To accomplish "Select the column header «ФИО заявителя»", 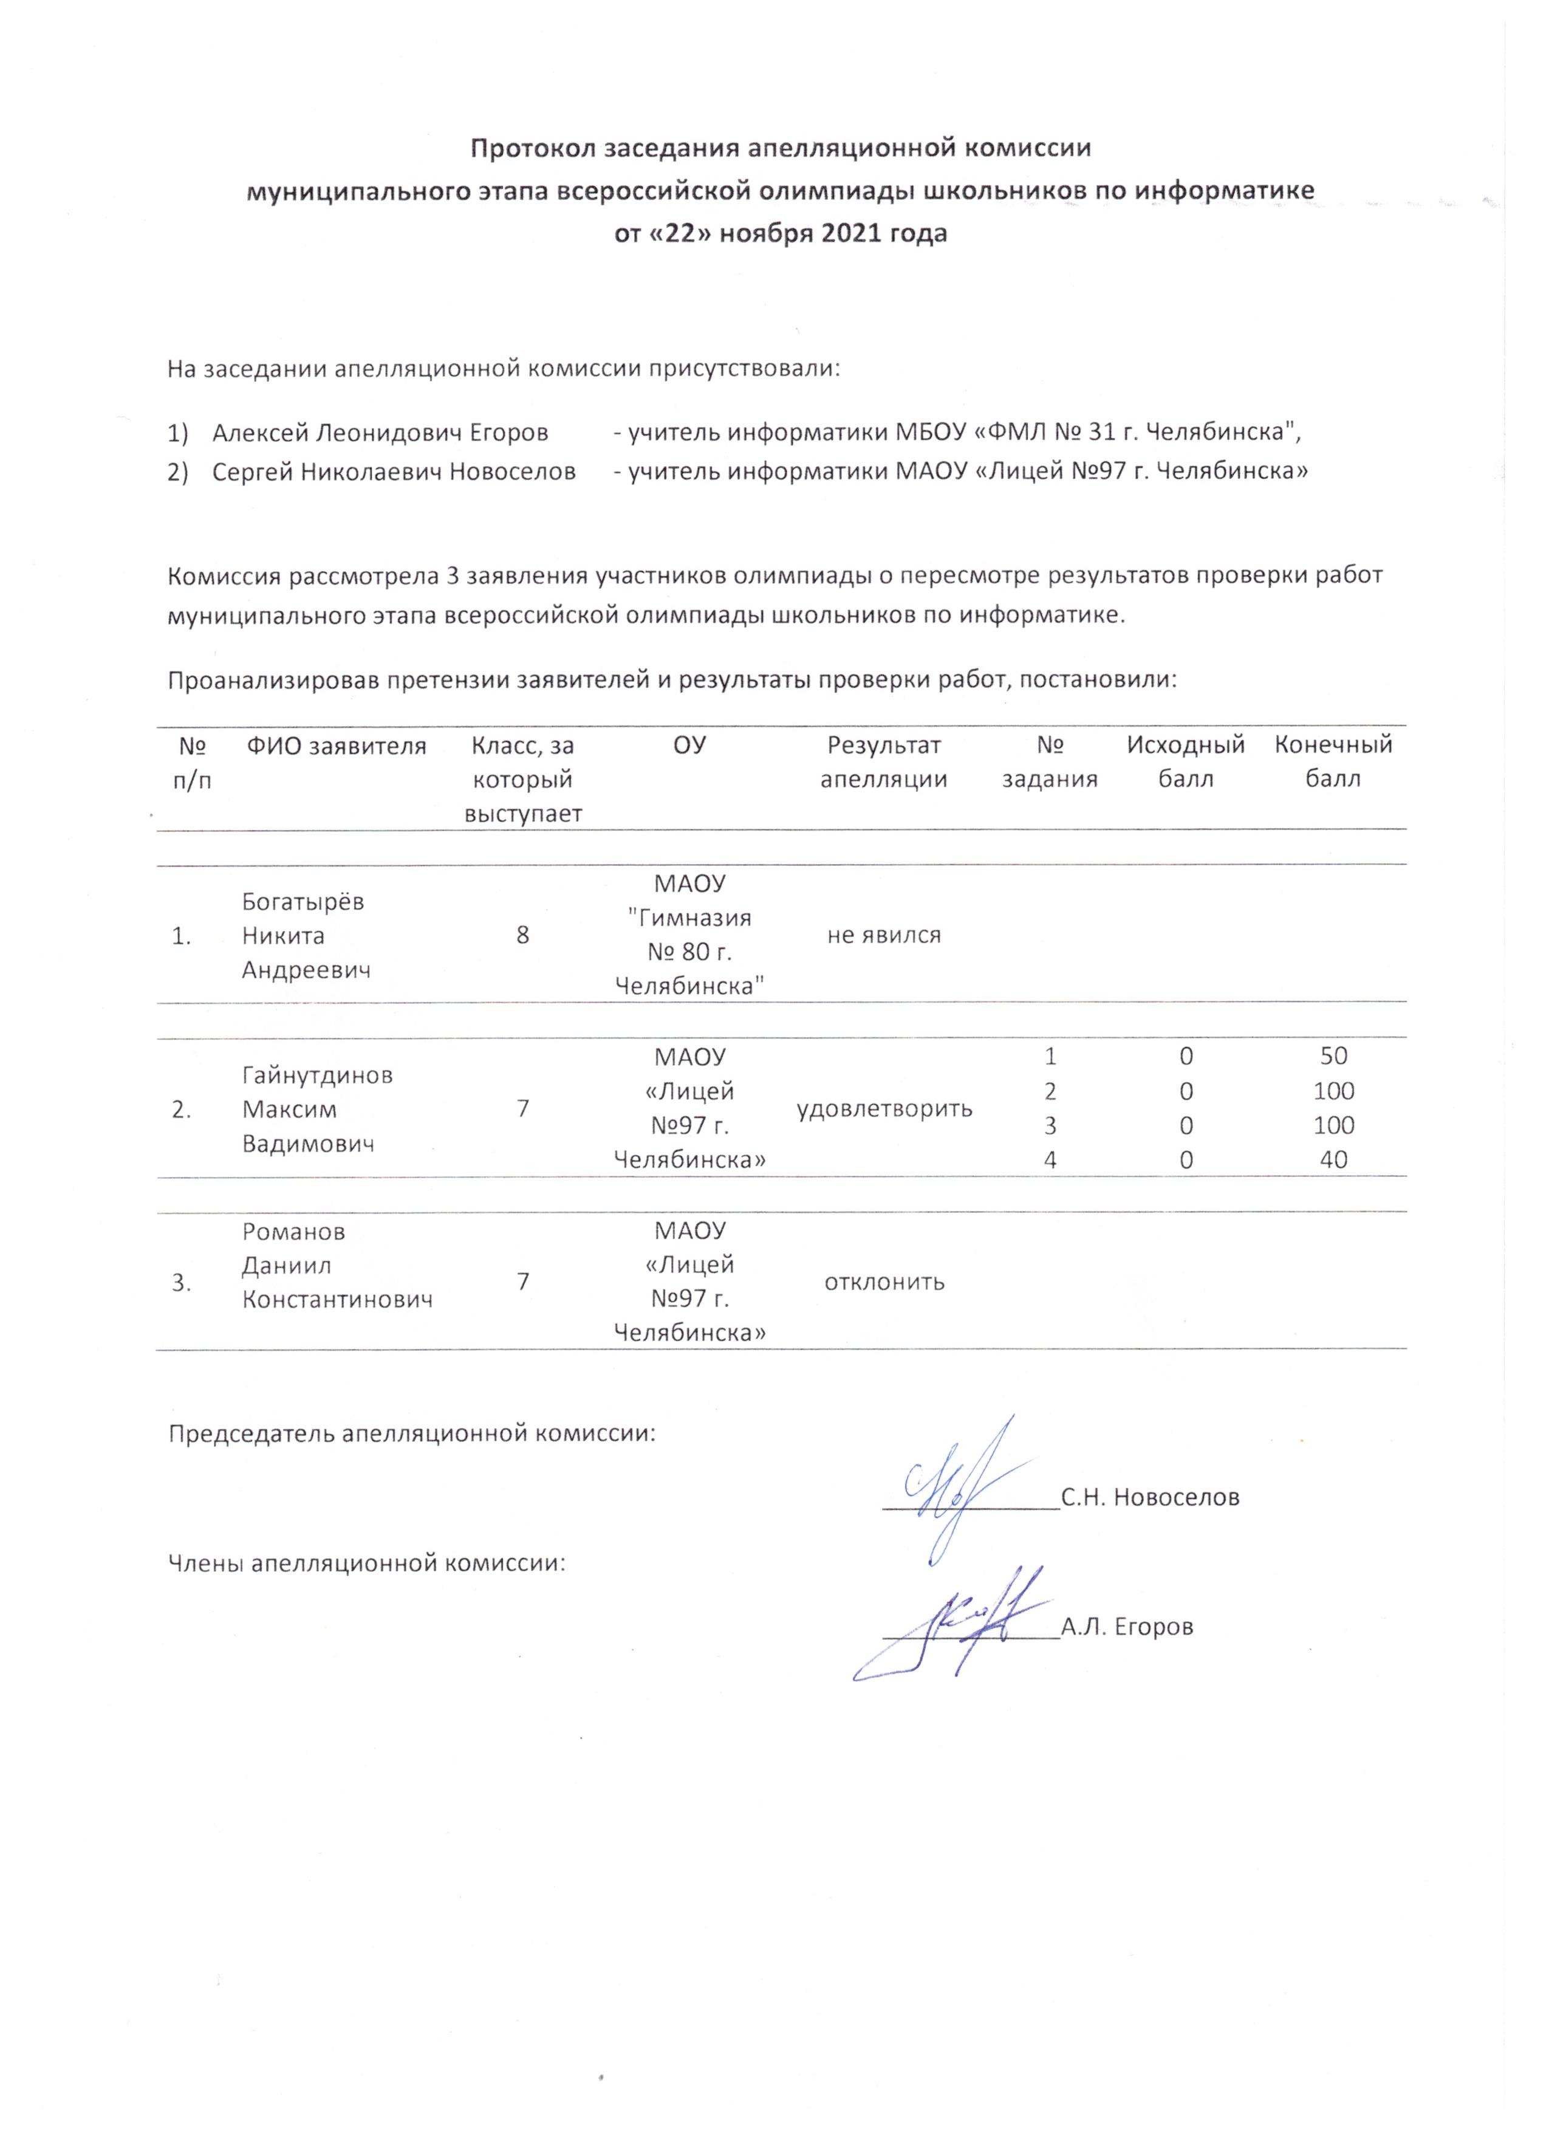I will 337,747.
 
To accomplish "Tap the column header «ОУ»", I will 689,746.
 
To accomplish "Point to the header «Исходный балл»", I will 1186,762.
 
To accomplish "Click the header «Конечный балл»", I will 1333,762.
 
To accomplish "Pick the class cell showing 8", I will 523,935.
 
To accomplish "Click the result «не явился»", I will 884,935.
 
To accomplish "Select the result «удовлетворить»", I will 884,1109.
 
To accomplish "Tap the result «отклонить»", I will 884,1283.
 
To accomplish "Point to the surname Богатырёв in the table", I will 303,902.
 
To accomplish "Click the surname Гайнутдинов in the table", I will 318,1075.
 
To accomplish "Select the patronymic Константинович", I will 337,1300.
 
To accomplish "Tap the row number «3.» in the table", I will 182,1283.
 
